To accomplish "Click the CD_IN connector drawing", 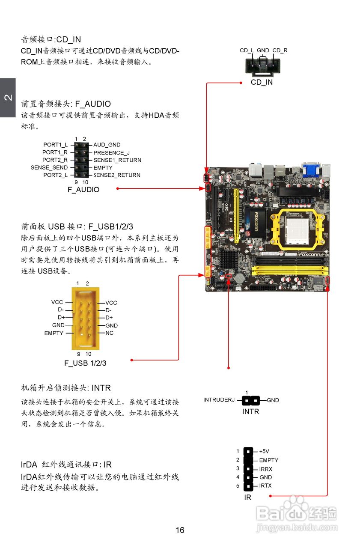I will coord(262,67).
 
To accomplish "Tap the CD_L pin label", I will coord(247,51).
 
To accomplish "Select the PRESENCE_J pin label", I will coord(111,152).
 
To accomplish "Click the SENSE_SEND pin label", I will coord(49,167).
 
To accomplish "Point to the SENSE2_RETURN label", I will coord(117,175).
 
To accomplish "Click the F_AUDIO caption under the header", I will coord(83,190).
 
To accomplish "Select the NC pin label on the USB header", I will coord(109,333).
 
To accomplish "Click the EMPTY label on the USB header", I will coord(54,333).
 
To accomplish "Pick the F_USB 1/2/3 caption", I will coord(85,363).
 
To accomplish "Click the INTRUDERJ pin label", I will coord(219,400).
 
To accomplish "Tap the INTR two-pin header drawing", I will coord(250,401).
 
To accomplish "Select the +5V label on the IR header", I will coord(264,451).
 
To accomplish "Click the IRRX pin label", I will coord(266,469).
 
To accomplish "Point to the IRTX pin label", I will coord(265,485).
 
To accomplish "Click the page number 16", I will coord(180,530).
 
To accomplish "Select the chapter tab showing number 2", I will coord(8,98).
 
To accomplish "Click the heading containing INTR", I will coord(66,388).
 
